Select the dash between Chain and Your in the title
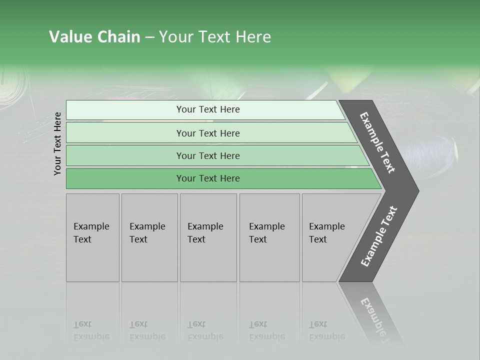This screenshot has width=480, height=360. coord(149,37)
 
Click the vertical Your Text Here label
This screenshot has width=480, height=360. coord(57,144)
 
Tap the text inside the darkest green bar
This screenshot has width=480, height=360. coord(208,178)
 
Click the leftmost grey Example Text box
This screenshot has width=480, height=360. coord(92,237)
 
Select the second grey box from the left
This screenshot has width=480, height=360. coord(149,237)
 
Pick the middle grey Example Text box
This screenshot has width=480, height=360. coord(208,237)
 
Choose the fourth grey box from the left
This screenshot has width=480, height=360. coord(269,237)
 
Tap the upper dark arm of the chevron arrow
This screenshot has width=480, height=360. coord(378,142)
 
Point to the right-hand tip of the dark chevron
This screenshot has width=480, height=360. coord(416,190)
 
